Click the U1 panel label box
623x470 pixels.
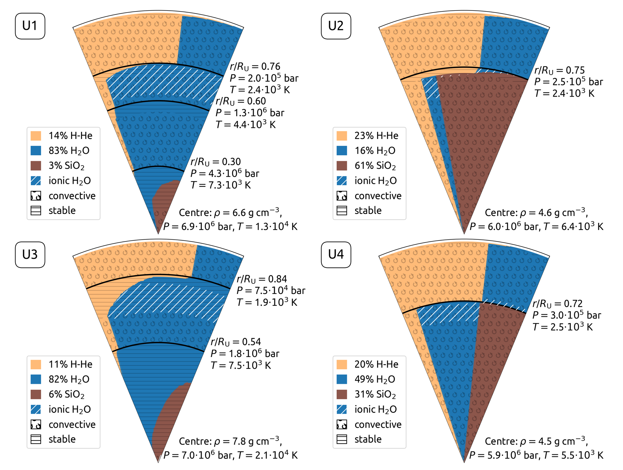click(x=30, y=26)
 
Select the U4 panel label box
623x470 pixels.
click(x=336, y=255)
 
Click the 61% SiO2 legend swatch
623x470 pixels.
click(x=342, y=166)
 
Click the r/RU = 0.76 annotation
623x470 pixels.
click(x=255, y=66)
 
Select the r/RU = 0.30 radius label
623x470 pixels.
click(x=215, y=161)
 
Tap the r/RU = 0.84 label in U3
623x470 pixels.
click(x=262, y=279)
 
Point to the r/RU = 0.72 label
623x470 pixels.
click(x=557, y=303)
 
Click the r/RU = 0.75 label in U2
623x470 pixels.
click(x=559, y=70)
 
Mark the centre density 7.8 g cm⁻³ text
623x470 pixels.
click(x=230, y=441)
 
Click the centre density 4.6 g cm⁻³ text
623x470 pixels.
click(x=536, y=213)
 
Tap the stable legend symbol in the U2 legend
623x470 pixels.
click(x=342, y=211)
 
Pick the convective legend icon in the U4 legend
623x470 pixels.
click(x=342, y=424)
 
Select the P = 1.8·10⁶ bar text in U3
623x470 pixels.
click(x=245, y=354)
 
